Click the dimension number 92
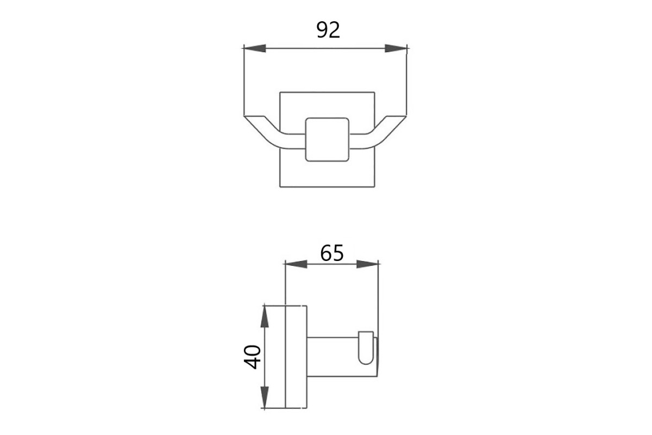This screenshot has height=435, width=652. click(328, 30)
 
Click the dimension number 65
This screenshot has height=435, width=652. click(332, 253)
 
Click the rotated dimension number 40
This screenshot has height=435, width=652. click(252, 357)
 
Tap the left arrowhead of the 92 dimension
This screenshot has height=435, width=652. click(255, 48)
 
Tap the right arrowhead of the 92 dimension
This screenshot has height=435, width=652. click(396, 48)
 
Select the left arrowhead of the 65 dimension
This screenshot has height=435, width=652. click(296, 264)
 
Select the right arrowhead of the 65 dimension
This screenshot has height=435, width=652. click(367, 264)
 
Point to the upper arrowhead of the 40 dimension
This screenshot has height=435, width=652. click(264, 316)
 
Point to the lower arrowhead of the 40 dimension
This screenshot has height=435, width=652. click(264, 397)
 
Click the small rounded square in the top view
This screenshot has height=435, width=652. click(327, 140)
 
